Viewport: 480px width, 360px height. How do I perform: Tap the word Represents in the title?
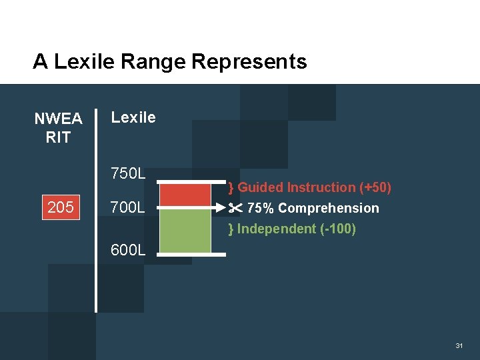249,62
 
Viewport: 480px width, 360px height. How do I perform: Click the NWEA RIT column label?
58,128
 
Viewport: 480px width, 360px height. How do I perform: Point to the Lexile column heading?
133,118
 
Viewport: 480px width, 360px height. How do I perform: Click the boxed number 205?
61,208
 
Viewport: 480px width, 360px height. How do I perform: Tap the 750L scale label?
128,174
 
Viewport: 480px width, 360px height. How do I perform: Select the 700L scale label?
128,208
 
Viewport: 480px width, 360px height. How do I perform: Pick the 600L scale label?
128,251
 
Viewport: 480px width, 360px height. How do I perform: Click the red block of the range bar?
186,195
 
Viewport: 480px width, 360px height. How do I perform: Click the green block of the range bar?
186,231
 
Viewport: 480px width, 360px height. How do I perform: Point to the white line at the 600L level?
186,254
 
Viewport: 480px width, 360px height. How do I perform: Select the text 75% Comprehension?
313,208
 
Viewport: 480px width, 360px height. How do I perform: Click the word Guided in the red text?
261,187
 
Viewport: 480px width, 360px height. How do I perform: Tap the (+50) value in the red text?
375,187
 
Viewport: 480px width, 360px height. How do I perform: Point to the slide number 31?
459,346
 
